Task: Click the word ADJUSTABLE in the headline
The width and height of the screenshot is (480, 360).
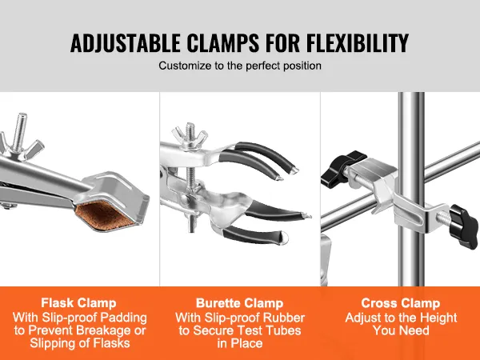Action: [126, 42]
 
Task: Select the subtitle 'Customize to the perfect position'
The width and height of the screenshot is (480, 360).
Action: [240, 66]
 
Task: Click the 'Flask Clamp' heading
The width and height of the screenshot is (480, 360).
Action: [80, 303]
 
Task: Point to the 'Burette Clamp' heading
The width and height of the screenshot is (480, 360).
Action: [240, 303]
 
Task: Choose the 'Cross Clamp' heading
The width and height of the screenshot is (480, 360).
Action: [400, 303]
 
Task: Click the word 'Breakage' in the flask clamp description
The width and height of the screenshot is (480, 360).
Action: [102, 331]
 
